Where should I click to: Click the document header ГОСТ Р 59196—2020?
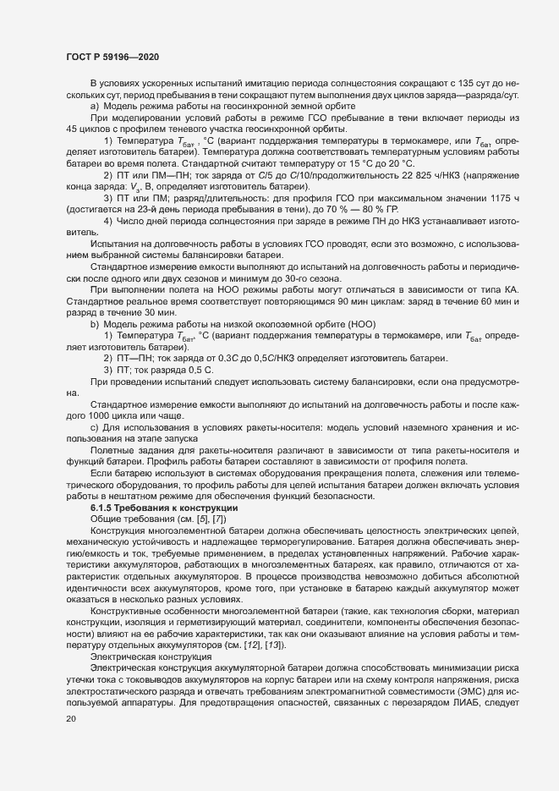click(x=112, y=56)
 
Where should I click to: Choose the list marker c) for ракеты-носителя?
click(x=94, y=428)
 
